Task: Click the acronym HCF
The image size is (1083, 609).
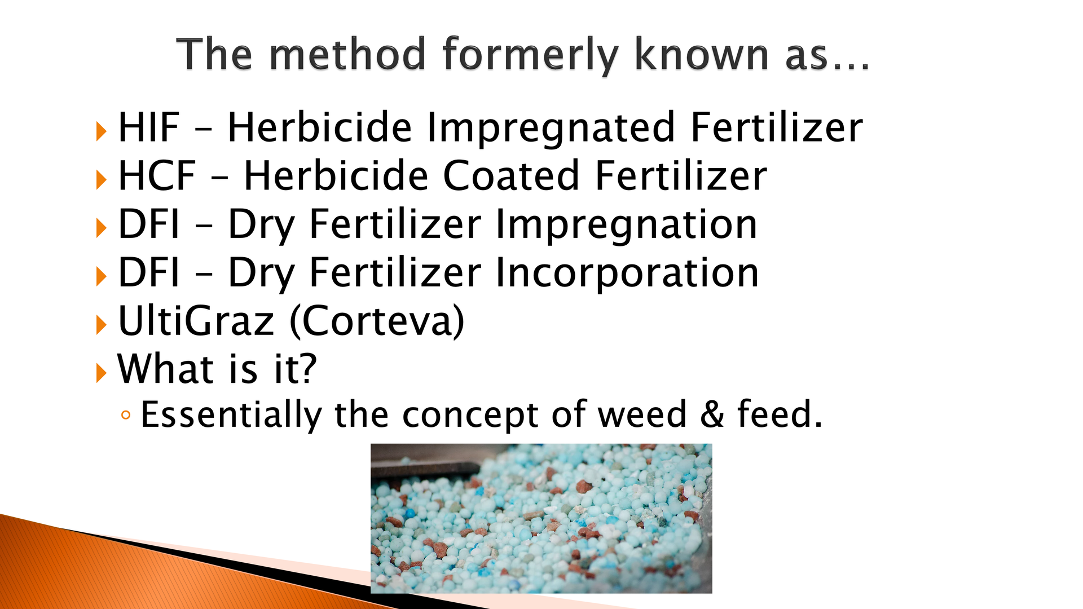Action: coord(157,176)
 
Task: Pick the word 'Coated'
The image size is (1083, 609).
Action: coord(511,176)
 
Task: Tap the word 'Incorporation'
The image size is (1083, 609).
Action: coord(627,273)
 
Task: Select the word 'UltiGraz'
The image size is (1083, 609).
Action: coord(196,321)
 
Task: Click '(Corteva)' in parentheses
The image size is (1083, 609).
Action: coord(377,321)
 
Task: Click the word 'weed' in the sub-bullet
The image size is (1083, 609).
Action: coord(642,414)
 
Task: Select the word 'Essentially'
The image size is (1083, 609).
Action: coord(231,416)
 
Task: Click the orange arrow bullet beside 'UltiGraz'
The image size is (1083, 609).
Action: coord(102,325)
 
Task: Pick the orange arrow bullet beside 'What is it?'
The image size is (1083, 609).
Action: coord(102,373)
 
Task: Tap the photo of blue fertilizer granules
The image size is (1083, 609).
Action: coord(541,518)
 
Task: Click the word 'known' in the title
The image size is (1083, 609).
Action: coord(703,54)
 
